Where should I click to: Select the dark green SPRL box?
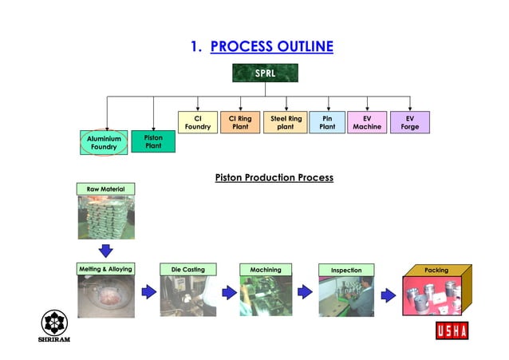[265, 73]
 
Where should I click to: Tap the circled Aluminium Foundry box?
[104, 142]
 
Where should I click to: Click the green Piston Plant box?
[153, 141]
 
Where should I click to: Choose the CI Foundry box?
[197, 122]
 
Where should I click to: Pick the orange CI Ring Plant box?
[240, 122]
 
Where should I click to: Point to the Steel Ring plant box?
[286, 122]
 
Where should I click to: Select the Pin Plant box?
[327, 122]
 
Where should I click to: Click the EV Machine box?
[367, 122]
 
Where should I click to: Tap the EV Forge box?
[410, 122]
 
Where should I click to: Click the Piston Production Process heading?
[274, 177]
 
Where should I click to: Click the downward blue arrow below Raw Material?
[105, 250]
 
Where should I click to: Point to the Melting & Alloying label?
[105, 269]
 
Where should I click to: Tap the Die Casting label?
[188, 270]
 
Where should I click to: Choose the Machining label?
[266, 270]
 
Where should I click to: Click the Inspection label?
[346, 270]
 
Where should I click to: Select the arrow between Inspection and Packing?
[389, 295]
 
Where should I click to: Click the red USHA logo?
[452, 330]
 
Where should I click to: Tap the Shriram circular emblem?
[54, 322]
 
